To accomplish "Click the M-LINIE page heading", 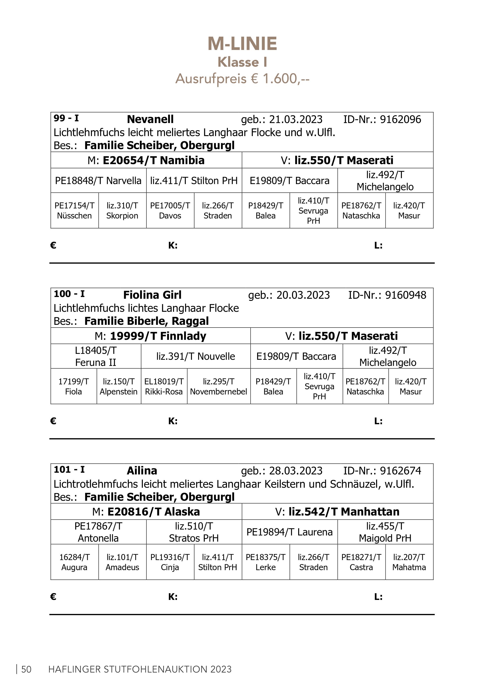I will click(242, 44).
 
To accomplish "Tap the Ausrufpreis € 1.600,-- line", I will click(242, 79).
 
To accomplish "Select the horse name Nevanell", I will click(150, 119).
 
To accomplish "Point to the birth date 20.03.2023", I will click(303, 295).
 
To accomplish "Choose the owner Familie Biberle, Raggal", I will click(146, 321).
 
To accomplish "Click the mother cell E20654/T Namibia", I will click(146, 160).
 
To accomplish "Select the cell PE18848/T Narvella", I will click(98, 181).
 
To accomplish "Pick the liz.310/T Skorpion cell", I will click(122, 211).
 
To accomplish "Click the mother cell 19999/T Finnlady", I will click(150, 336).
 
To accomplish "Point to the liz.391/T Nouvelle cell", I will click(195, 356).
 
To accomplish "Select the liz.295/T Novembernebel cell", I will click(219, 387).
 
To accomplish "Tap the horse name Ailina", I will click(142, 470).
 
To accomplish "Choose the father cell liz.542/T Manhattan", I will click(337, 512).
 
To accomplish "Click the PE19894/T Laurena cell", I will click(290, 532).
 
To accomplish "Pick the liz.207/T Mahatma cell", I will click(409, 562).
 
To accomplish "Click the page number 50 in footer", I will click(26, 669).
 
